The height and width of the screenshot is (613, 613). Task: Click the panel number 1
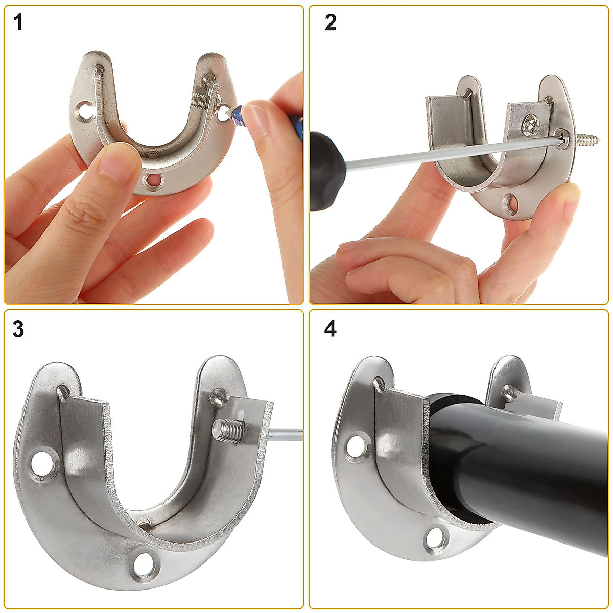click(18, 23)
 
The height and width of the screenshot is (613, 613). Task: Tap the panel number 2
click(331, 23)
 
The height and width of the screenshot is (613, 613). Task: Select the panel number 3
click(18, 329)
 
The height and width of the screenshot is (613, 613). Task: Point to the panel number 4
click(331, 329)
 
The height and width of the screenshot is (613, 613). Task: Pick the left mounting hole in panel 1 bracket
click(85, 109)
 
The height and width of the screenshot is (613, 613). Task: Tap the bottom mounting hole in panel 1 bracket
click(153, 180)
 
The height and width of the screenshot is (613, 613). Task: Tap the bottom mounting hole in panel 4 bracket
click(436, 538)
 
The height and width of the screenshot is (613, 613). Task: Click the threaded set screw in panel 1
click(202, 100)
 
